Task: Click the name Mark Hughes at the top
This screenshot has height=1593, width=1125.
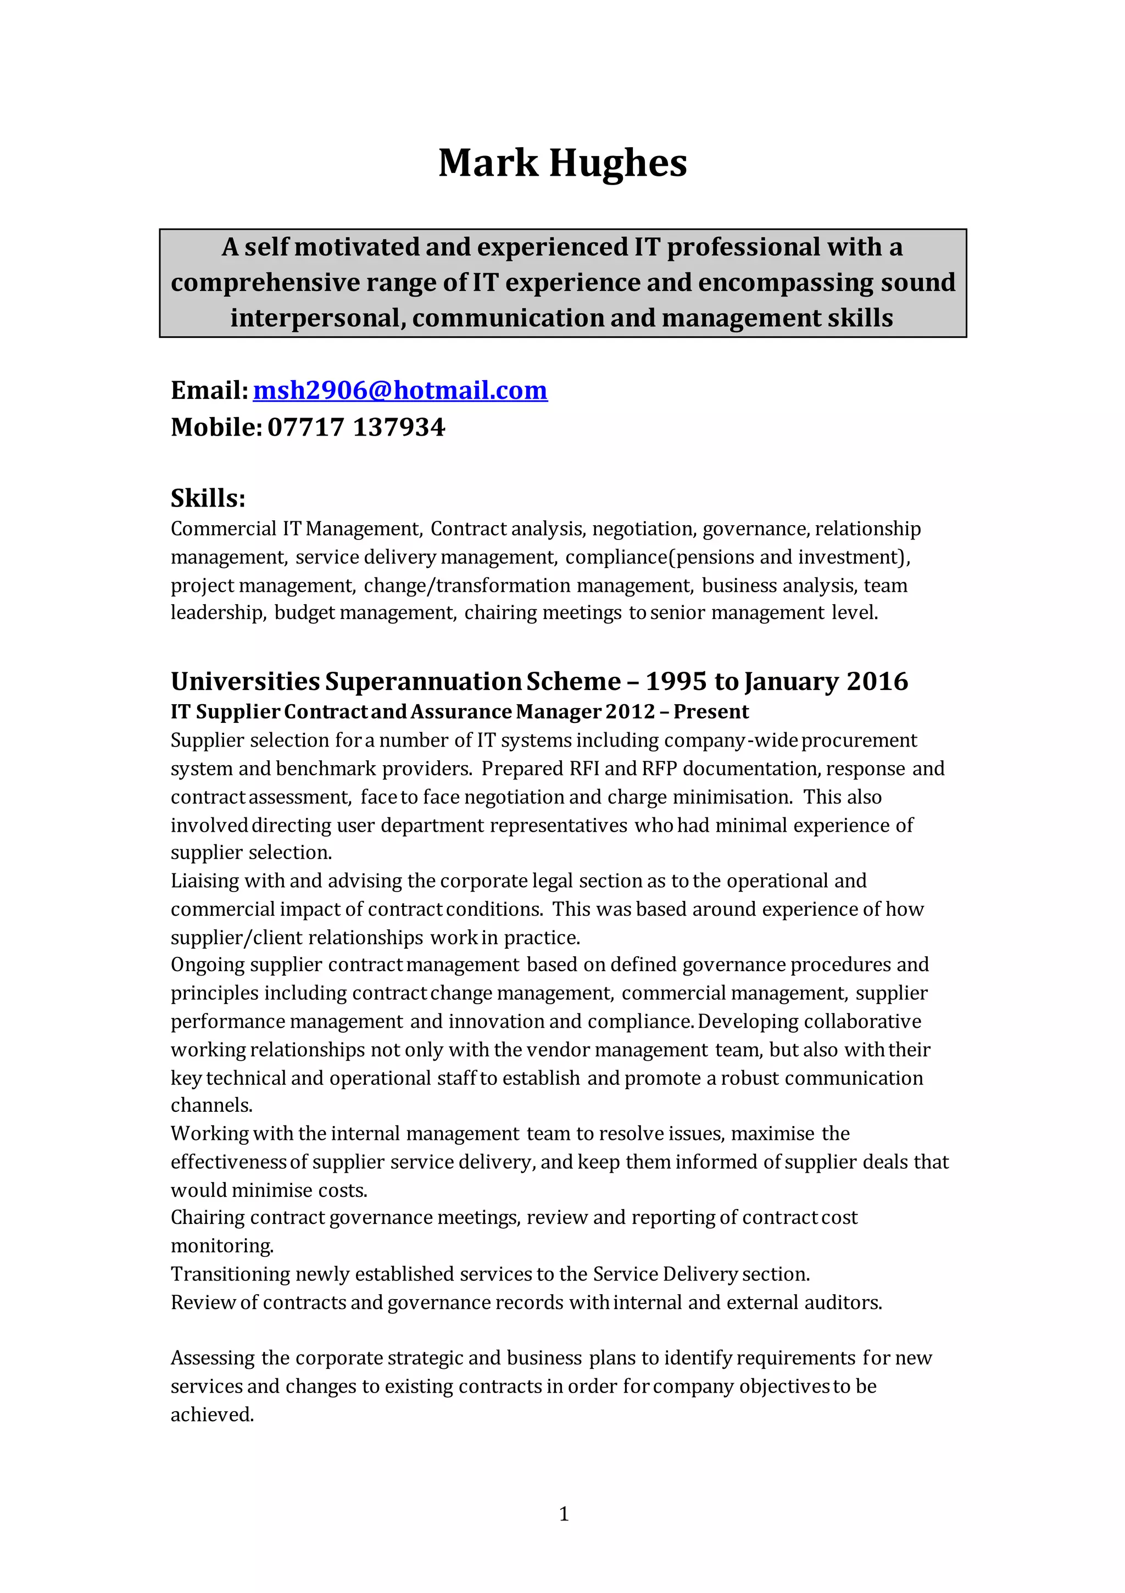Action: click(562, 163)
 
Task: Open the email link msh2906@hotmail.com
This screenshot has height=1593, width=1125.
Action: click(400, 391)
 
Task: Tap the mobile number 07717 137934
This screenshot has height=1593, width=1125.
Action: click(356, 427)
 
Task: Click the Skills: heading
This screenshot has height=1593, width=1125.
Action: click(208, 498)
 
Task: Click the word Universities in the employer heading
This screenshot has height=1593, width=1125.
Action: click(245, 681)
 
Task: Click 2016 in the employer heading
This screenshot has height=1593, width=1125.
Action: click(877, 681)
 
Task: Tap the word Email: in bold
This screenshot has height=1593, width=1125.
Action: click(209, 391)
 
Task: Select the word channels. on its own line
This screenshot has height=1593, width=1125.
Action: click(211, 1105)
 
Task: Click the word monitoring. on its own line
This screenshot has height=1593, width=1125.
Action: click(222, 1246)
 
